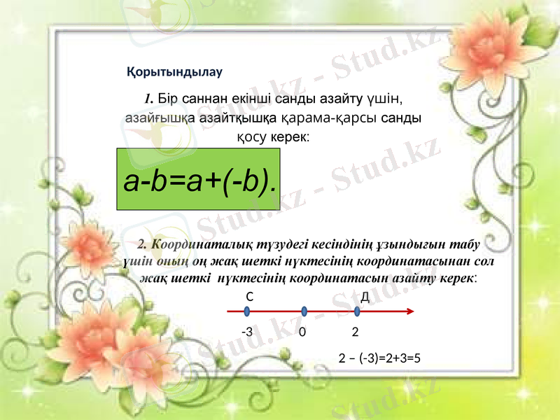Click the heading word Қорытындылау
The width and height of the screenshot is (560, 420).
(x=174, y=71)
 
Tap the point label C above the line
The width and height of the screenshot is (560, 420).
(x=249, y=296)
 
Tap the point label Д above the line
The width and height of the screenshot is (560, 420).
(x=365, y=296)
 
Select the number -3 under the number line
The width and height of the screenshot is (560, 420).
(x=246, y=331)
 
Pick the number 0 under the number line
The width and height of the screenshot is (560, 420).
(x=302, y=332)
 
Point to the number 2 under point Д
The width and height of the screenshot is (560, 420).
(x=356, y=331)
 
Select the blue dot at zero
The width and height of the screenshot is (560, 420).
(x=304, y=312)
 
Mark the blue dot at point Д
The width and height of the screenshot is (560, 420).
(x=358, y=312)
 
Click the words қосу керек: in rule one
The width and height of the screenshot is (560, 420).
(x=274, y=136)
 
